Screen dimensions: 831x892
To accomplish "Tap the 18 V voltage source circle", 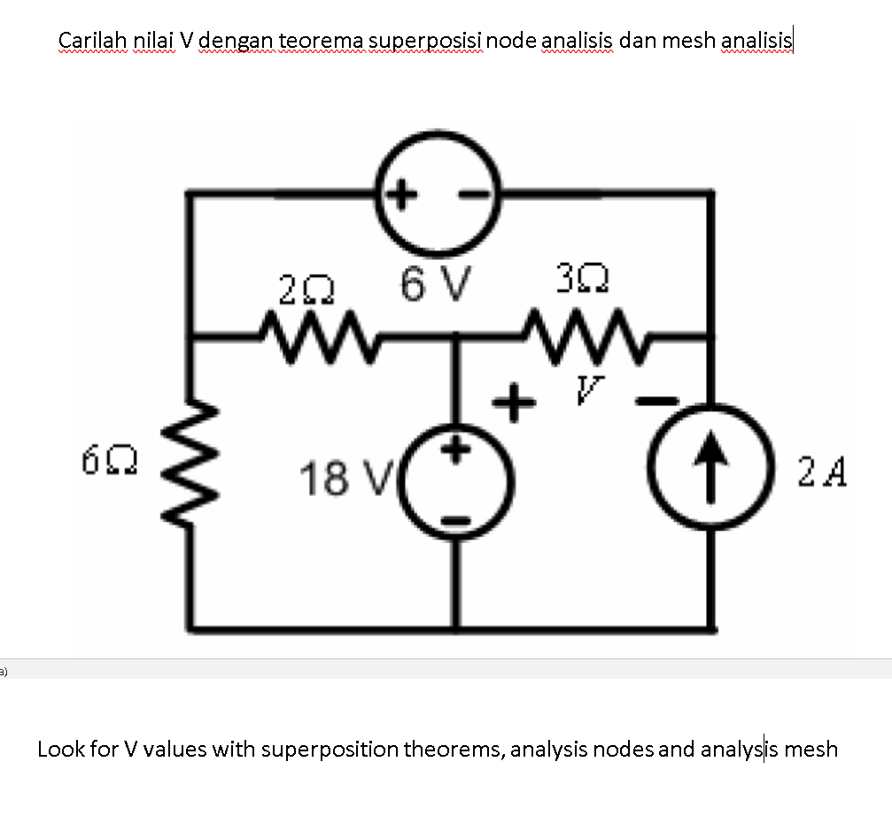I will pyautogui.click(x=458, y=486).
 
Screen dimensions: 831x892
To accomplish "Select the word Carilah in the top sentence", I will pyautogui.click(x=93, y=41).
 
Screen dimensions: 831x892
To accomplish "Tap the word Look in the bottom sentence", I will pyautogui.click(x=60, y=750).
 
